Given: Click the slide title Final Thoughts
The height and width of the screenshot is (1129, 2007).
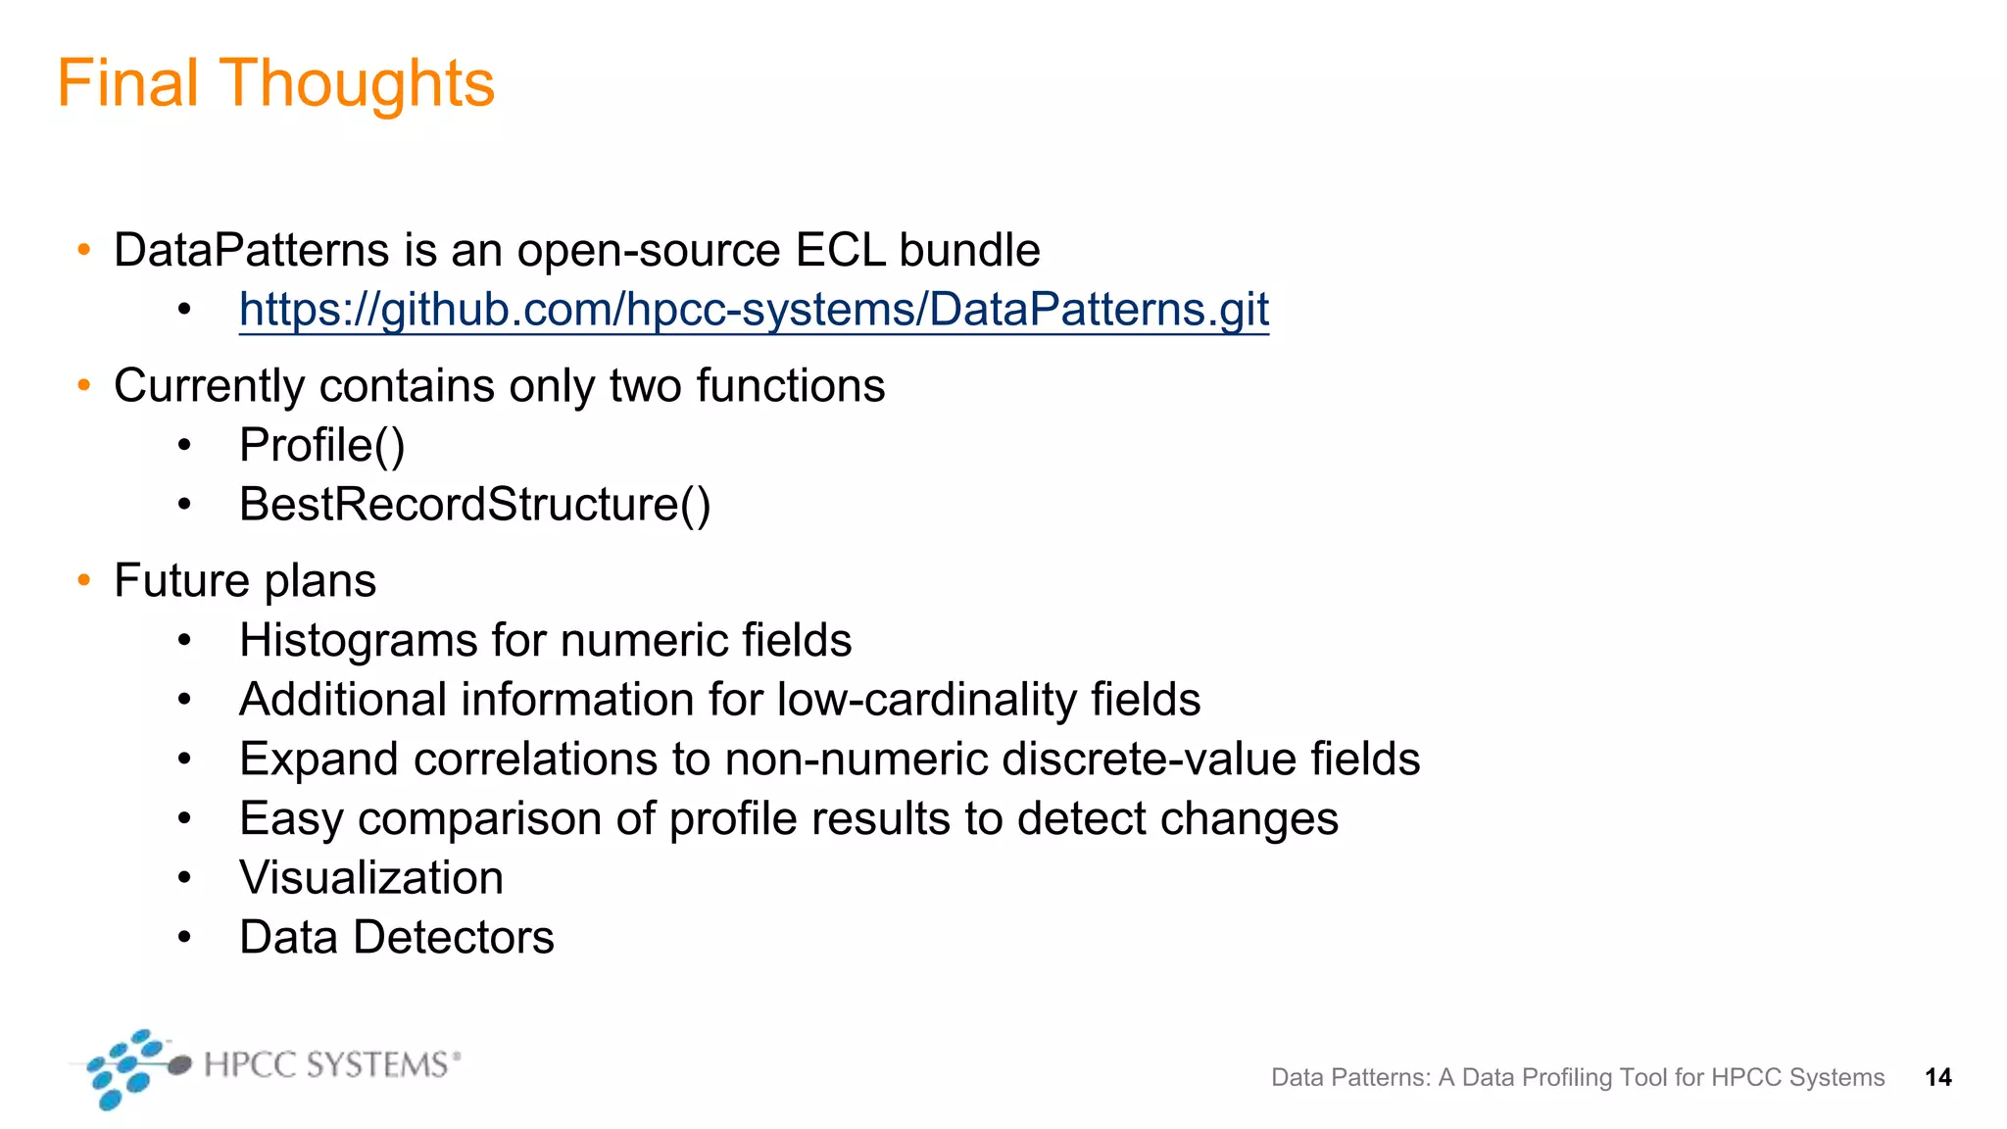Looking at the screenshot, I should click(275, 83).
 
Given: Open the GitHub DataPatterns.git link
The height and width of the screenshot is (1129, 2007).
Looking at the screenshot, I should click(754, 310).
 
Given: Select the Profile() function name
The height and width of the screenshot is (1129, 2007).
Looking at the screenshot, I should click(321, 446).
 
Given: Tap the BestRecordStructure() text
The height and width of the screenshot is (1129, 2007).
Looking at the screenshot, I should click(474, 505).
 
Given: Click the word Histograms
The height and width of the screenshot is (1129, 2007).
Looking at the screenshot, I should click(358, 641).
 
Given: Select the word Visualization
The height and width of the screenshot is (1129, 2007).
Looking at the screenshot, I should click(371, 878).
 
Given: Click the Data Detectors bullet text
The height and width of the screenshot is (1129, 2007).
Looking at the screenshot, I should click(397, 938).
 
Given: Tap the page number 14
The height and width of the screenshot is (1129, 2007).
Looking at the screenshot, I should click(1937, 1078).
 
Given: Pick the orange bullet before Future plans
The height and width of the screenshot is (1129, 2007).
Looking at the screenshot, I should click(84, 581).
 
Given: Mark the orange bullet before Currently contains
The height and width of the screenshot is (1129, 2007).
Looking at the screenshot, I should click(84, 386).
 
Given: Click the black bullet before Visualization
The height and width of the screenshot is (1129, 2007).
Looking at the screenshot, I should click(184, 878).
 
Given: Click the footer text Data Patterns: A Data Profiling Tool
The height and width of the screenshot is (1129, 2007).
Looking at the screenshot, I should click(1577, 1078).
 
